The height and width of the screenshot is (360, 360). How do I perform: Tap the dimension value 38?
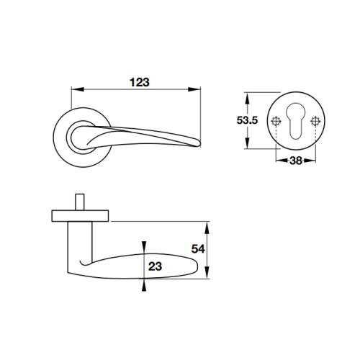(294, 162)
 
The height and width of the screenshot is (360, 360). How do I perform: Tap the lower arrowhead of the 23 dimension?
(144, 284)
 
